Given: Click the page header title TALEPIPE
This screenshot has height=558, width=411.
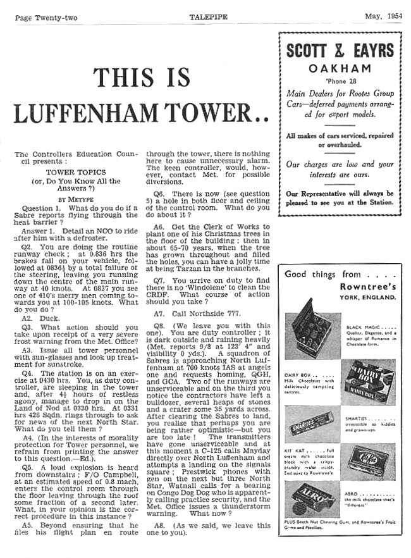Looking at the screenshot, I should [x=206, y=17].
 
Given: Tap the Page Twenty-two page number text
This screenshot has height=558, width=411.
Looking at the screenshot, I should [x=46, y=18].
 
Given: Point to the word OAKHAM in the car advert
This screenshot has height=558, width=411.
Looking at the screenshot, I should [x=339, y=68].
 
